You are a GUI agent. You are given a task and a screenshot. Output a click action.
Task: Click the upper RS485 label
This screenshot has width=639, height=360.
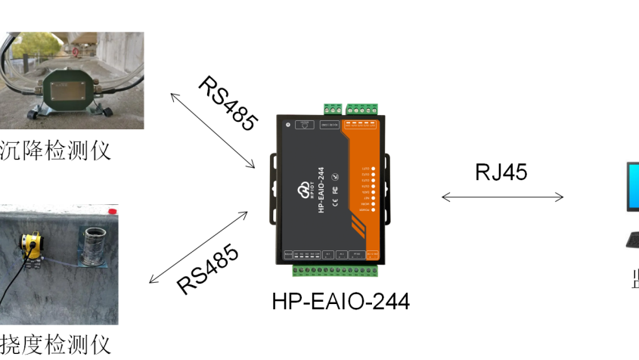(x=228, y=104)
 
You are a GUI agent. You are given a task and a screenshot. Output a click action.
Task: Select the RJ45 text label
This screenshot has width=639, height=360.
(x=501, y=172)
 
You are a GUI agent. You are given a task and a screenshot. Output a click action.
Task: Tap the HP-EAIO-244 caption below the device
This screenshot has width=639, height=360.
(x=340, y=302)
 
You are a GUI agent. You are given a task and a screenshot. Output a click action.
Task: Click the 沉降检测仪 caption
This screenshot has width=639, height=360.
(x=56, y=150)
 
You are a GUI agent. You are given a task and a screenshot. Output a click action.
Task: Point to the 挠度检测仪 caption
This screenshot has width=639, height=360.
(x=56, y=344)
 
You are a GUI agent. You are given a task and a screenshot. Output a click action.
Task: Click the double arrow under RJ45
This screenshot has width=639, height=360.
(x=502, y=197)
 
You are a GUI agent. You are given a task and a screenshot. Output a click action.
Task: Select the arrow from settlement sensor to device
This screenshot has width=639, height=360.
(x=212, y=131)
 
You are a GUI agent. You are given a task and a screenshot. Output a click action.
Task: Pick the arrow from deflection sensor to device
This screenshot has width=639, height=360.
(x=199, y=247)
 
